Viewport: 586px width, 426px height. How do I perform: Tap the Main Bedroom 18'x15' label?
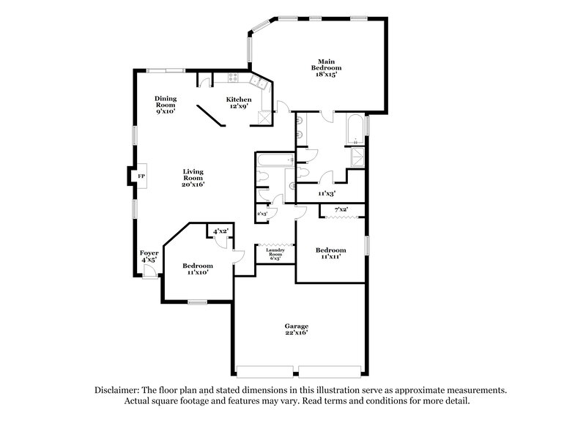[326, 67]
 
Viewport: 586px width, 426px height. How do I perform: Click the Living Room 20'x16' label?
[193, 178]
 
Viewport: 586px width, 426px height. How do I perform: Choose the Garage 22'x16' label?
[297, 329]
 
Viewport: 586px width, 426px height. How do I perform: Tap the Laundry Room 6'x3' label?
[276, 254]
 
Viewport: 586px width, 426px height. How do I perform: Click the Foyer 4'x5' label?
[149, 256]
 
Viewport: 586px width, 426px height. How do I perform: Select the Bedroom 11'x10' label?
[198, 269]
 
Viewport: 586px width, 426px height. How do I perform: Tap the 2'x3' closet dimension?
[262, 214]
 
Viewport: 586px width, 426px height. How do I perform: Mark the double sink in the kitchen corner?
[258, 82]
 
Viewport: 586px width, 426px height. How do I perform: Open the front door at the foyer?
[149, 272]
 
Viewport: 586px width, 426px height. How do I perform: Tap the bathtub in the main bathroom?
[354, 130]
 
